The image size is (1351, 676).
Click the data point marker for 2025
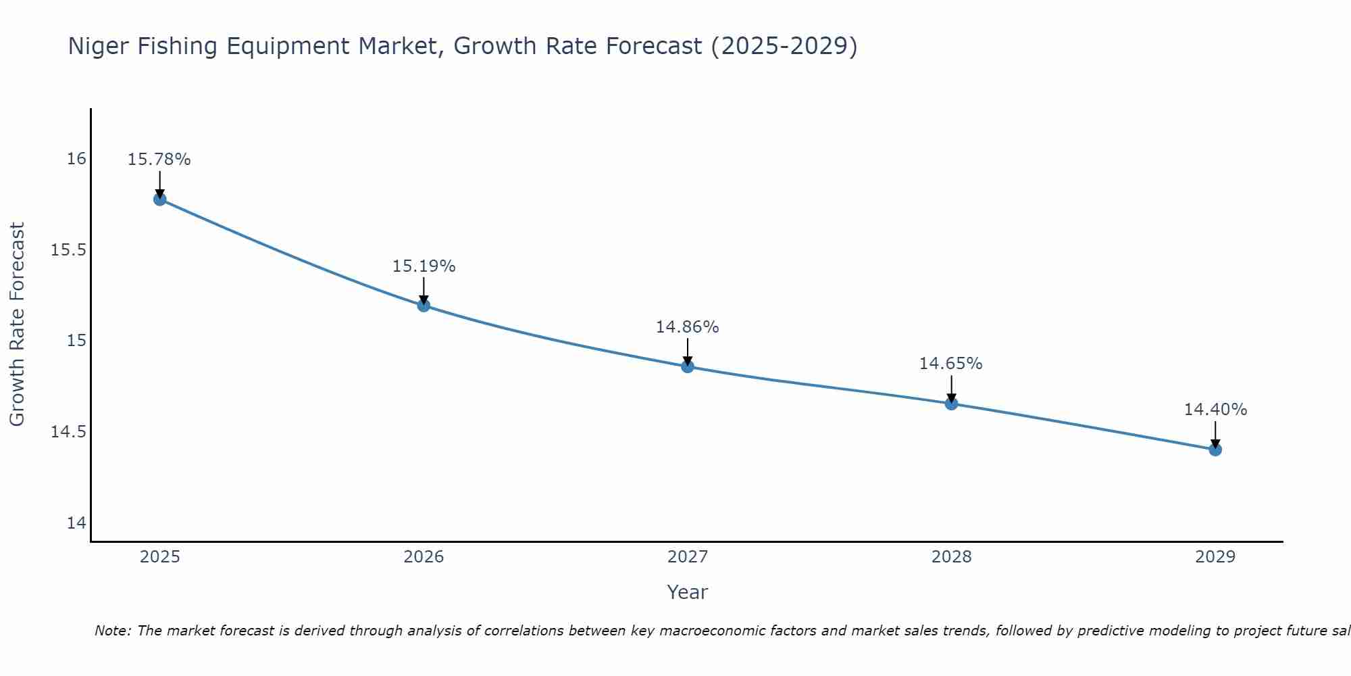click(x=160, y=199)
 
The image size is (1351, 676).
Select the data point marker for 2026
click(x=424, y=305)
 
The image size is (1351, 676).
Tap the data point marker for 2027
click(x=688, y=366)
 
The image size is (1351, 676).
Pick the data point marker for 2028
click(x=951, y=404)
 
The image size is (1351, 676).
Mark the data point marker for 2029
click(x=1215, y=449)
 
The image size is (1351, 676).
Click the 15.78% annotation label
click(x=159, y=160)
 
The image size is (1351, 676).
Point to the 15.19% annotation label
click(x=424, y=266)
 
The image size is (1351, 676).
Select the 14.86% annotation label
click(x=687, y=327)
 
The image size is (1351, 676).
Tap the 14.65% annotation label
click(x=950, y=364)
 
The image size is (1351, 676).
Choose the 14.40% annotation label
click(x=1215, y=410)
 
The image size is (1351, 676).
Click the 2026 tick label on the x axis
click(x=424, y=557)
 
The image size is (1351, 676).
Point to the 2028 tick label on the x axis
click(x=951, y=557)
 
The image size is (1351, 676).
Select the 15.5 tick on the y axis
click(x=69, y=250)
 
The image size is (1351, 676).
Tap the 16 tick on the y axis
click(x=76, y=159)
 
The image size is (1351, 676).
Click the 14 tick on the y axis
click(x=76, y=523)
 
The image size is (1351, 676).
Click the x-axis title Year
click(x=687, y=592)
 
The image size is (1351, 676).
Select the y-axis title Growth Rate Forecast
click(x=17, y=324)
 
